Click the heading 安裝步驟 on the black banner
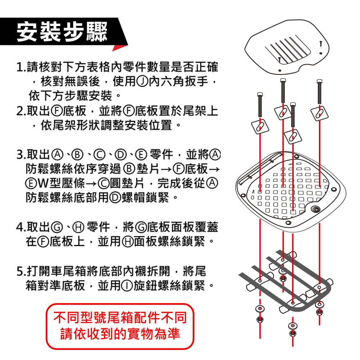point(62,32)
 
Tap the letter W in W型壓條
point(42,183)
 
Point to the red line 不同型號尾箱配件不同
point(120,318)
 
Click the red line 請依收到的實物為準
point(120,334)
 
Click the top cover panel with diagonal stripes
point(287,48)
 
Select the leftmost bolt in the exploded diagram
point(260,105)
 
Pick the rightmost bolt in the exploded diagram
point(319,91)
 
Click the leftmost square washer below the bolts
point(260,127)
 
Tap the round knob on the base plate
point(315,209)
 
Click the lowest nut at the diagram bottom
point(292,333)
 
